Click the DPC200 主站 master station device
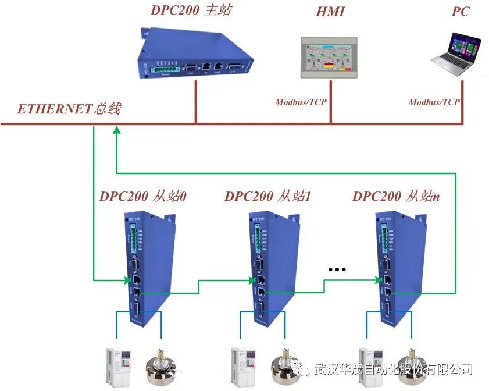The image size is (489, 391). (195, 55)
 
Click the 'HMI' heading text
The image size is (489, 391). (330, 12)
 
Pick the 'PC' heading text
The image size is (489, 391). (460, 12)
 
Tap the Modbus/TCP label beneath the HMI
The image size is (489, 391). (301, 102)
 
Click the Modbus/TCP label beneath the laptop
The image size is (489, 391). (434, 102)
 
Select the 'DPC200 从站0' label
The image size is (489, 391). (142, 196)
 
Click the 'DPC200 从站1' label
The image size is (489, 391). (268, 196)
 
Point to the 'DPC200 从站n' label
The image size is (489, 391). (396, 196)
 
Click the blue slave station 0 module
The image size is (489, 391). (145, 268)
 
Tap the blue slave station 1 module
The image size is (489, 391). (271, 268)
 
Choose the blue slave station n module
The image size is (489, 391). (398, 268)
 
